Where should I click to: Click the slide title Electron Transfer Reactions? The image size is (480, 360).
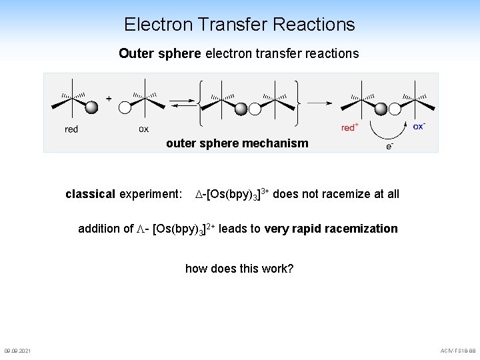[239, 25]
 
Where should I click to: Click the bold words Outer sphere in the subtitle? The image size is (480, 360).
[159, 53]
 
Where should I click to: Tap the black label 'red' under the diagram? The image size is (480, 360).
[71, 129]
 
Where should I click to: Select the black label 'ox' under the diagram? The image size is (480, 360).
[143, 129]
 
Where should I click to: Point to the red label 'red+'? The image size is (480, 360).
[350, 127]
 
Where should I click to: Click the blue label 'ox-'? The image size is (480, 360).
[419, 125]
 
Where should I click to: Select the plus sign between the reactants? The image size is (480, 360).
[109, 95]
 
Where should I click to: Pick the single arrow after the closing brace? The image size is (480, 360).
[319, 102]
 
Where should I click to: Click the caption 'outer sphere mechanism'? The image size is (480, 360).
[237, 143]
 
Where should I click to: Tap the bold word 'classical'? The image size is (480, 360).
[90, 194]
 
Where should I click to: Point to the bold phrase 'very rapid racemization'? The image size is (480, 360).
[331, 229]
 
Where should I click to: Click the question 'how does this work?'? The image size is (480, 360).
[239, 269]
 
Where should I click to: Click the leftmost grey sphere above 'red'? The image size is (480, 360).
[92, 107]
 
